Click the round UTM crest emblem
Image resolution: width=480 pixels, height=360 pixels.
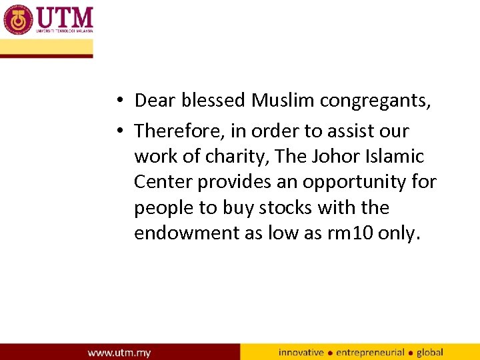[17, 19]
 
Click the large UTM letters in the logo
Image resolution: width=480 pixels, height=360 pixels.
[65, 16]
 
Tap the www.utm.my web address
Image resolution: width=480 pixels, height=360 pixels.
[119, 352]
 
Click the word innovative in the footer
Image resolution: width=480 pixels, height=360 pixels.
[301, 352]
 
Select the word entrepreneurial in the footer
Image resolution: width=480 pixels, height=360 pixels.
[370, 352]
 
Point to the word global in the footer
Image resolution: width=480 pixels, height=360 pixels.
[430, 352]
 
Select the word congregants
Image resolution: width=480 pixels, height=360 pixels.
[375, 101]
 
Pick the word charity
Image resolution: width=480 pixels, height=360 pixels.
[234, 157]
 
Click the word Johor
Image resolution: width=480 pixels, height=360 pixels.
[337, 156]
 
